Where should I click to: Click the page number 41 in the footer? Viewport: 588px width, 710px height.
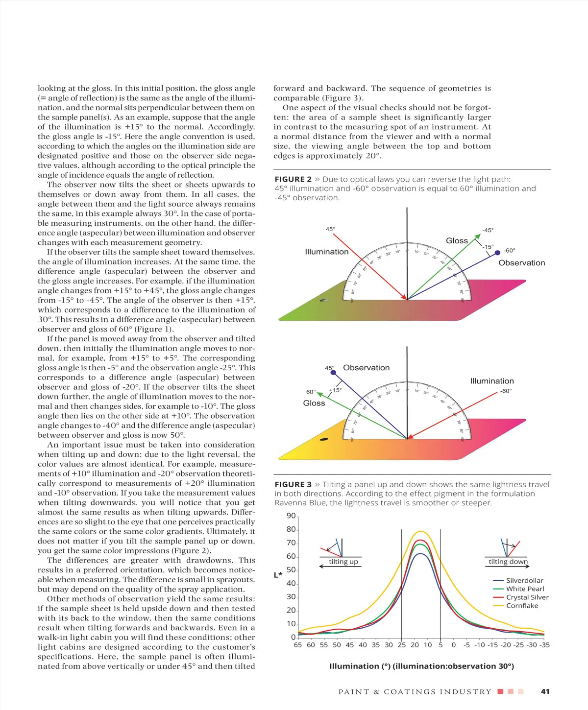545,691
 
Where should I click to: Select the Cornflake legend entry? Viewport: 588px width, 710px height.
522,606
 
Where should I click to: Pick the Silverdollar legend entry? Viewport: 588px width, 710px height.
524,580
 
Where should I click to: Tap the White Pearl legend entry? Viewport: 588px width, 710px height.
525,589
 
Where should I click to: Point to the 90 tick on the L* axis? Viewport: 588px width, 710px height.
291,516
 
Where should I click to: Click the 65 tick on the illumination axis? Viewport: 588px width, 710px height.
298,645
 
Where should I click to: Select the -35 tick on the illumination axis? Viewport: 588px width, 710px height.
544,645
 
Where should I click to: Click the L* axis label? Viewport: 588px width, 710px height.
278,575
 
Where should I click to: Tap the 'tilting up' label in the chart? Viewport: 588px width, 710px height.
343,562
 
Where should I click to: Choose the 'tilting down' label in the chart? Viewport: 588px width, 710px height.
508,562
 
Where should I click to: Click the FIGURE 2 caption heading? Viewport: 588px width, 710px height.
293,179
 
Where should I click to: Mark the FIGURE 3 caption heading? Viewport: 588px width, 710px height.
293,484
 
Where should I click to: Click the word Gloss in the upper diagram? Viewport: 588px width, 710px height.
457,240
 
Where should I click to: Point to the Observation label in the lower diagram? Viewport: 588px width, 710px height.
366,368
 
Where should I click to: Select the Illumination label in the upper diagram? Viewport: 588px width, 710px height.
326,252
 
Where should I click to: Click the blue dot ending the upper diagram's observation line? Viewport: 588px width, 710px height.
497,253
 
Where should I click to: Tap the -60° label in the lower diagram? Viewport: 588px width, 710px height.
506,391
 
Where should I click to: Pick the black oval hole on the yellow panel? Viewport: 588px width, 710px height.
324,439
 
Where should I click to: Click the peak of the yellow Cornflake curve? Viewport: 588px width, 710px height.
421,531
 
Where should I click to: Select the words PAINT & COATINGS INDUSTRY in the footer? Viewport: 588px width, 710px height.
415,691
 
